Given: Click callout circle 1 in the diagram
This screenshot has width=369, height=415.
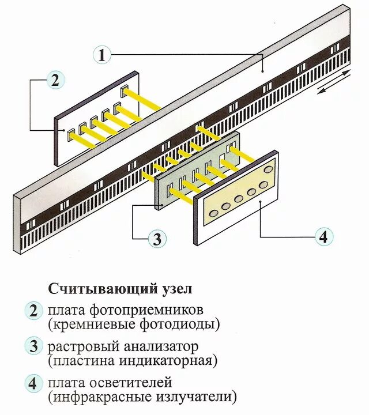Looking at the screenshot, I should click(x=102, y=55).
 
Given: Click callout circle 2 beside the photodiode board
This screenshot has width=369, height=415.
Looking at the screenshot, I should click(x=55, y=80).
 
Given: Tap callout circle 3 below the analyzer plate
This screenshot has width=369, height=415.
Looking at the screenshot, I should click(x=157, y=238).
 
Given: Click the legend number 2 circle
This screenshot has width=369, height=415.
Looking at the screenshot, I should click(x=33, y=311).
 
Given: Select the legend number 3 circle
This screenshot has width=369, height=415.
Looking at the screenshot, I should click(x=33, y=347).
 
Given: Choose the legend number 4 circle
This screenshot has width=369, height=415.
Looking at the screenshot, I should click(x=33, y=383).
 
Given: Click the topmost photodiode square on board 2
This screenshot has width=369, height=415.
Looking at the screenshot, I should click(x=124, y=90).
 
